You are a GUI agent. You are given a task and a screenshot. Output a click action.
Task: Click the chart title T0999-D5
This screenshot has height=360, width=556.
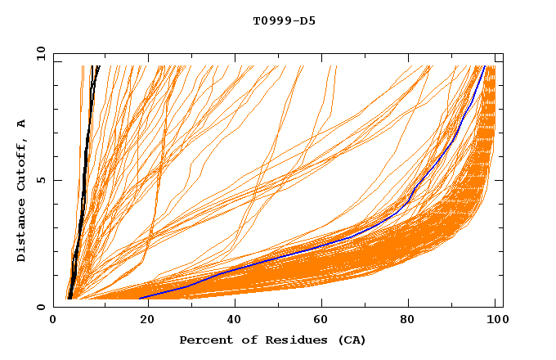(x=284, y=21)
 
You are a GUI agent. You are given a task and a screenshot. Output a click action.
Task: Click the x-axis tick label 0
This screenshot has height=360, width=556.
(x=53, y=322)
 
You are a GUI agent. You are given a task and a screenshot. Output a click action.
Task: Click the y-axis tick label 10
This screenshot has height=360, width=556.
(x=40, y=53)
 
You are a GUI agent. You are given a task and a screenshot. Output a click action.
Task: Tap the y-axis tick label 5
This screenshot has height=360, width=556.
(x=43, y=180)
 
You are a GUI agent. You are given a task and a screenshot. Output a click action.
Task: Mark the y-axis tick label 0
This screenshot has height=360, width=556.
(x=43, y=307)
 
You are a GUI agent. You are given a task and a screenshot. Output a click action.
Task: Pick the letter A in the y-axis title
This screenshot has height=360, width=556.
(x=21, y=124)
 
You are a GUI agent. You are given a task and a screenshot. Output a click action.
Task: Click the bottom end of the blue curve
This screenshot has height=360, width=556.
(x=141, y=299)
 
